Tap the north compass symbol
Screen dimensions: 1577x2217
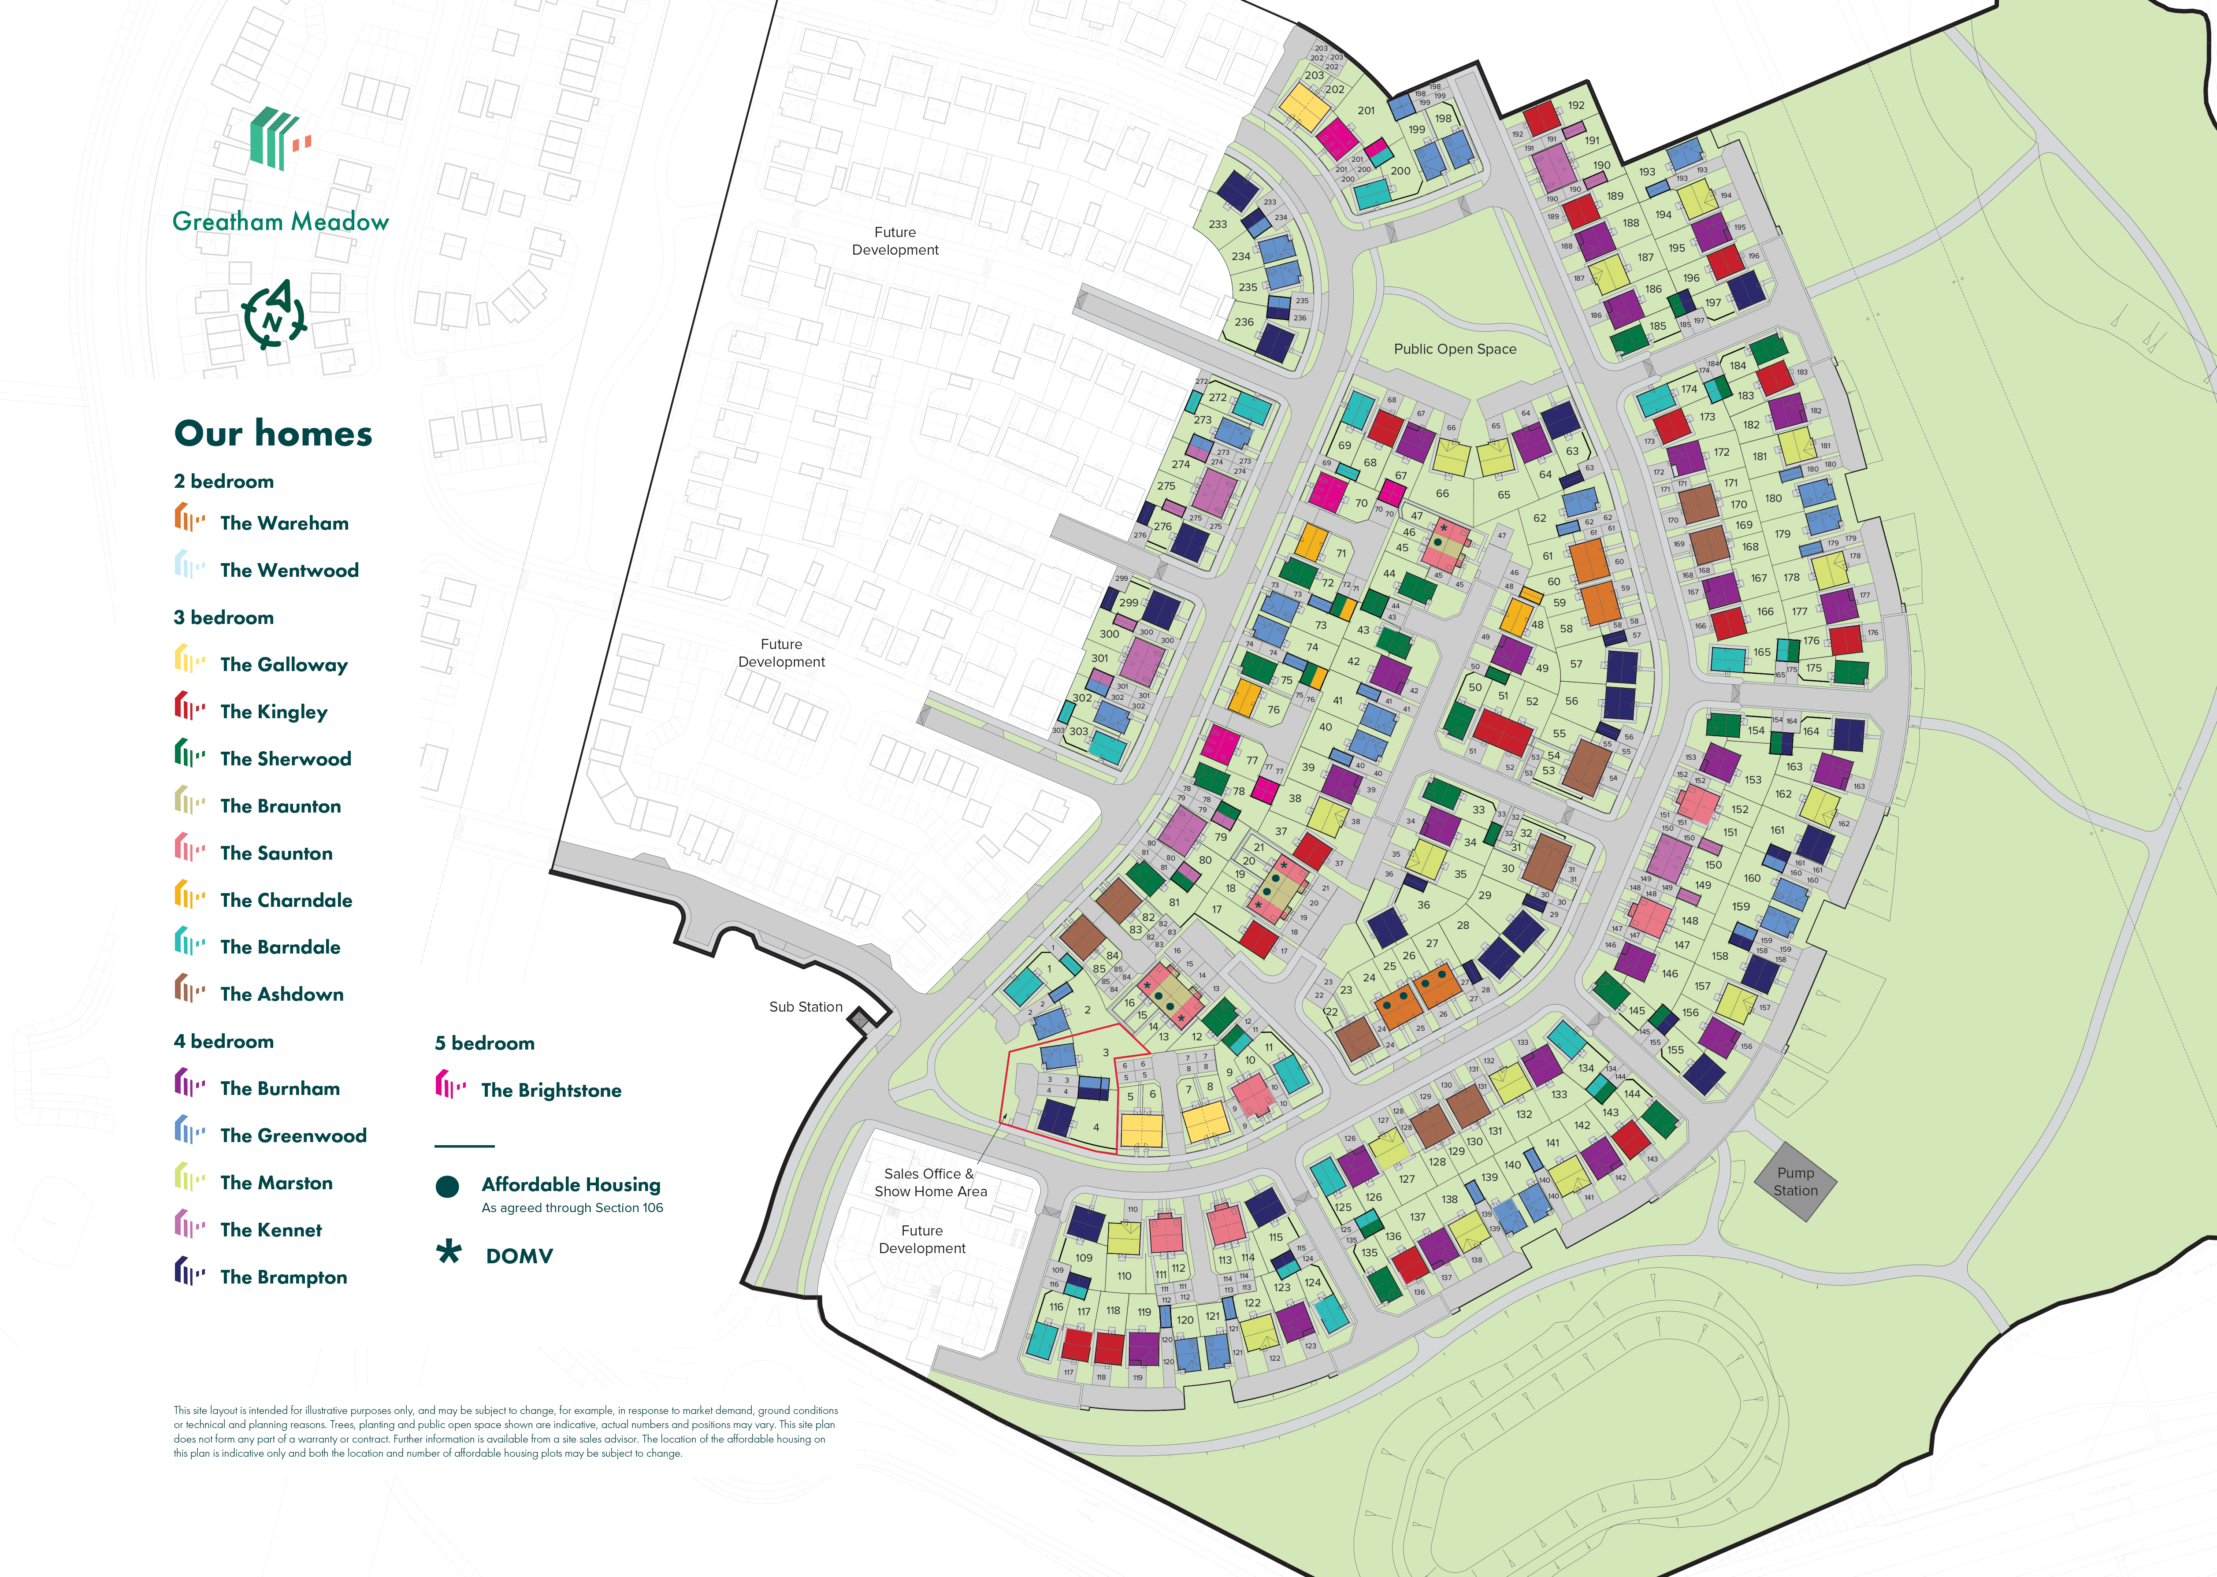pos(274,315)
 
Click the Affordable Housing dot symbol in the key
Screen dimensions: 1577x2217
pos(448,1187)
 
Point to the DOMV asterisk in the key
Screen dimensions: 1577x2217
pos(449,1253)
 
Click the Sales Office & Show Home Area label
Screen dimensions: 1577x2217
pos(930,1183)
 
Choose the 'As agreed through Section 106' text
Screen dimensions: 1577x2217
pos(572,1208)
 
